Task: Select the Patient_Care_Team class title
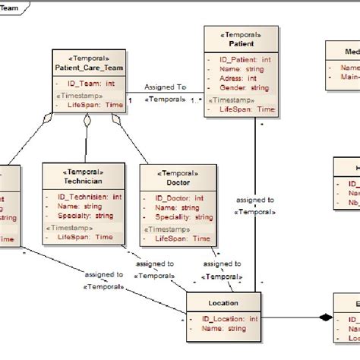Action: click(x=85, y=67)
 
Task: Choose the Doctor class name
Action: click(x=177, y=182)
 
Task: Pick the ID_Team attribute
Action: click(x=90, y=84)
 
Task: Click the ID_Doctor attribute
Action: click(x=178, y=197)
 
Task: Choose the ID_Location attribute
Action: click(x=229, y=318)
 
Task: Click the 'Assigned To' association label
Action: click(x=166, y=87)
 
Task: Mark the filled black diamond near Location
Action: click(x=325, y=317)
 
